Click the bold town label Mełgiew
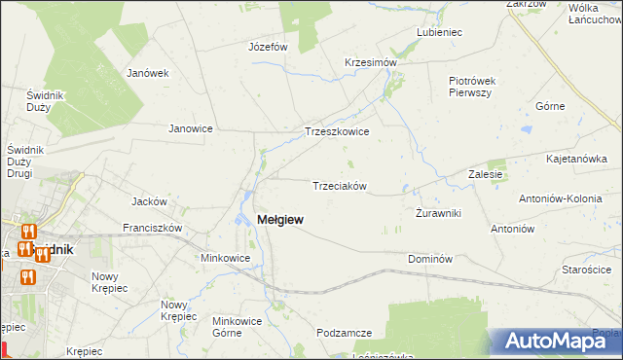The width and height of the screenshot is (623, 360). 279,220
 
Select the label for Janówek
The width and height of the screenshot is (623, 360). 148,72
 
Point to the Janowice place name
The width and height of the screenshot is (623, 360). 191,128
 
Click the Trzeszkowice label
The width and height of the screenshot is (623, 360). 337,131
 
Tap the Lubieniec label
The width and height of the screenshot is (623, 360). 439,32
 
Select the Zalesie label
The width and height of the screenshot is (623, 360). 484,175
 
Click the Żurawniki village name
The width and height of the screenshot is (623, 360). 438,213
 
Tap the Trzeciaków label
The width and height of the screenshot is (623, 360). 339,186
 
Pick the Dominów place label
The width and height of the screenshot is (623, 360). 431,259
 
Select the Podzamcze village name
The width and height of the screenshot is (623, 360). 345,333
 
